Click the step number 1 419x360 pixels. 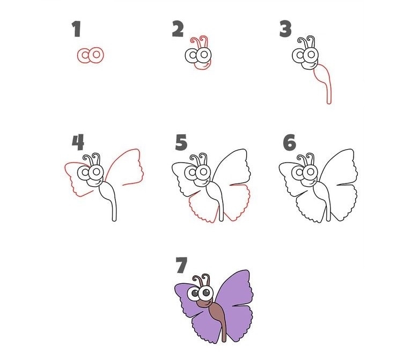77,29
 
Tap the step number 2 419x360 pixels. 178,29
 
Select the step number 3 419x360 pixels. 285,29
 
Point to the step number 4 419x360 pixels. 78,142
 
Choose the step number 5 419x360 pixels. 181,142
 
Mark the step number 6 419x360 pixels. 289,142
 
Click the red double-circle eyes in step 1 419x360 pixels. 90,55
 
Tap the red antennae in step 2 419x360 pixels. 201,42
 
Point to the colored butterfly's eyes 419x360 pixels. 201,293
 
